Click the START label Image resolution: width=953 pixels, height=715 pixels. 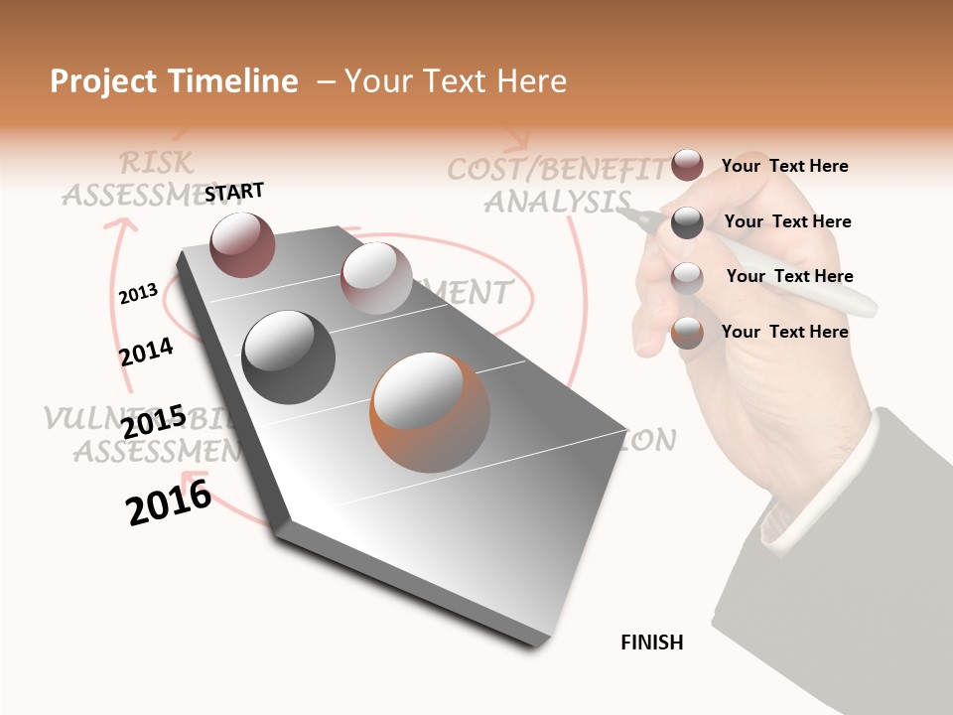(234, 192)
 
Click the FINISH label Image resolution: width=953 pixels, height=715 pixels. (652, 643)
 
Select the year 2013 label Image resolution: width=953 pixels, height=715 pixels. (138, 294)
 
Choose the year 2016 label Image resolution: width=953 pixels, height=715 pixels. (169, 502)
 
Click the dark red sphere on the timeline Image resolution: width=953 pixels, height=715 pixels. (243, 244)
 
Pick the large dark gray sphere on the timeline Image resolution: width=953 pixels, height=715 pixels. (289, 357)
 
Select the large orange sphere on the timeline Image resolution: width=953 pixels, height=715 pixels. (430, 413)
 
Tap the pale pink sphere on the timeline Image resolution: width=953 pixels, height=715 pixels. (376, 278)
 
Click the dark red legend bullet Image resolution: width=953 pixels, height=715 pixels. (687, 165)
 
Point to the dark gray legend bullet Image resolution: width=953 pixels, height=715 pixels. (687, 222)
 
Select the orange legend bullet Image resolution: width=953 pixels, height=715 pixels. (687, 333)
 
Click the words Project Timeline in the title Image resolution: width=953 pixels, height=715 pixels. (174, 81)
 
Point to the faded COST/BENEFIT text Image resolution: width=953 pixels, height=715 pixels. (557, 170)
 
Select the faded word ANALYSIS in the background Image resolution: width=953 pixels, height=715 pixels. (556, 201)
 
